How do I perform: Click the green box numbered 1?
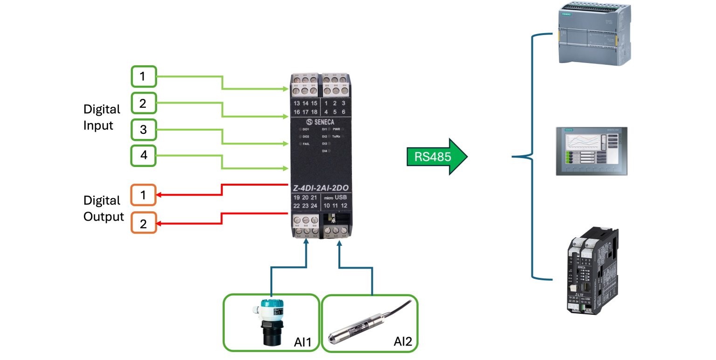pos(144,76)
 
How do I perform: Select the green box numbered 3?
pos(144,130)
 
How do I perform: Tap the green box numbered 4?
pos(144,156)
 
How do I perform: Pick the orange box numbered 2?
pos(144,223)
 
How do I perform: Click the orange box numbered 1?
pos(144,195)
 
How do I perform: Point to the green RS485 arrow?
pos(436,157)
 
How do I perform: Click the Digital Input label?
pos(102,117)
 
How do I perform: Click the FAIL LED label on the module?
pos(306,144)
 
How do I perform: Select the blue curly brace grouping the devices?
pos(531,157)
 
